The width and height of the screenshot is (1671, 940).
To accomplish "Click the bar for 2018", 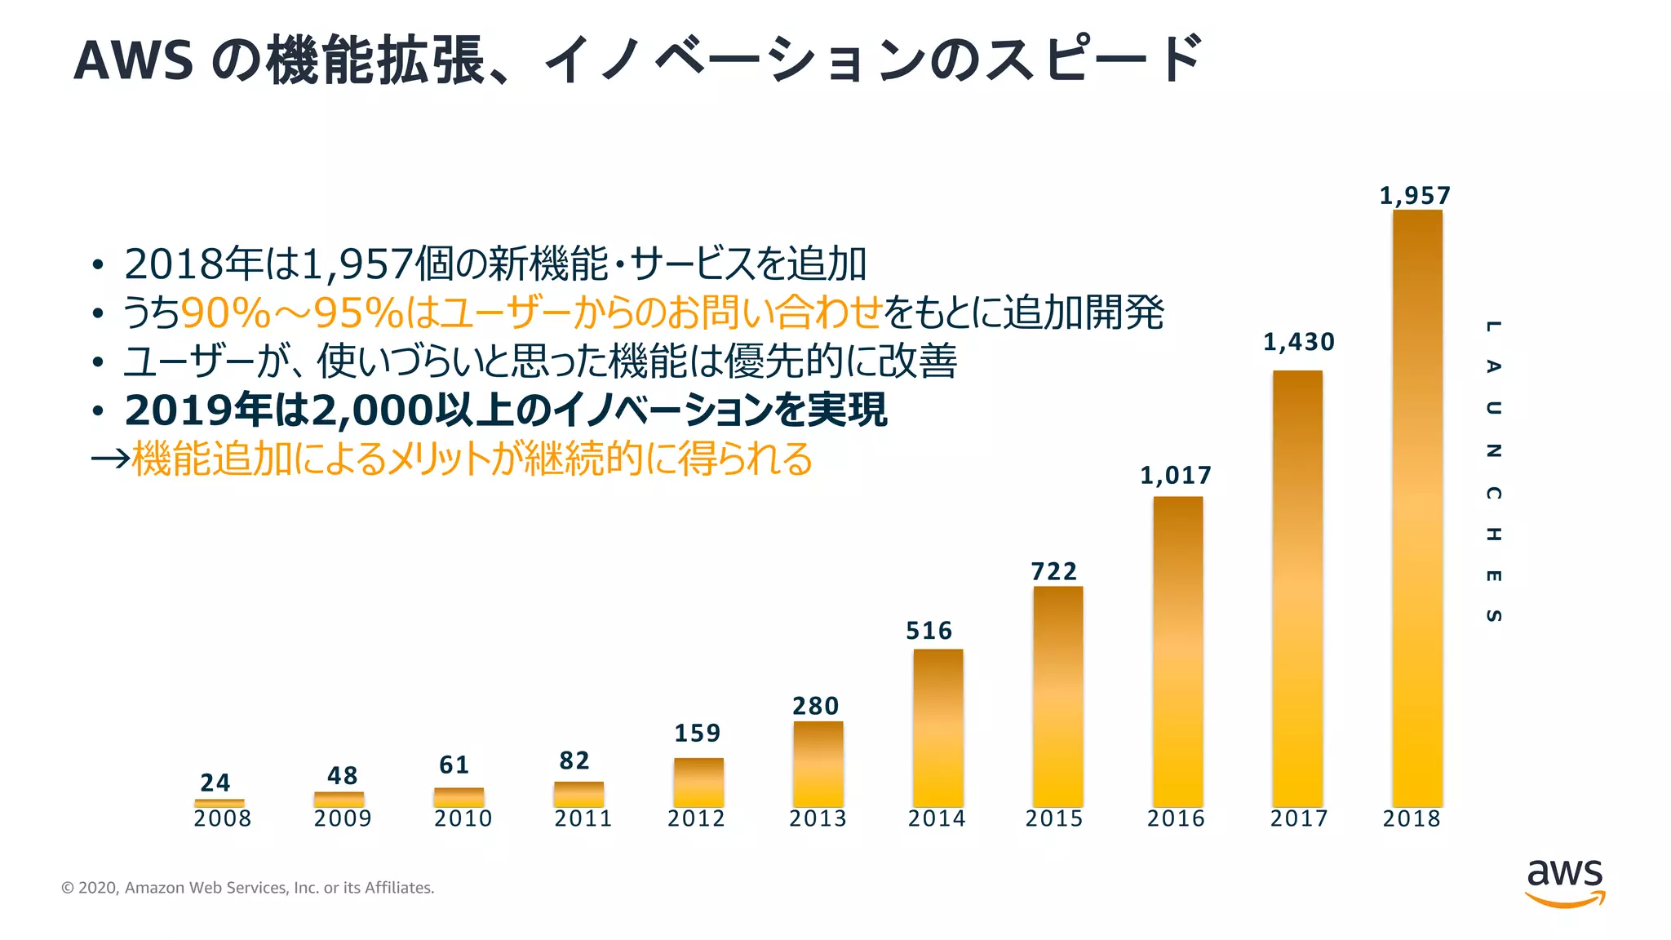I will [1417, 508].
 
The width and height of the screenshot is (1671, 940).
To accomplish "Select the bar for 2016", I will [1177, 651].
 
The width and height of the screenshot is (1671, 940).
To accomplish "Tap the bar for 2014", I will [937, 728].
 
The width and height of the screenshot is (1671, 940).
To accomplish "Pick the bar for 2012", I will [698, 782].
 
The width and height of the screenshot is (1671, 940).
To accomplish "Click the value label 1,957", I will [1415, 196].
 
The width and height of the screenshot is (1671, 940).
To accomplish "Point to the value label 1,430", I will [1298, 342].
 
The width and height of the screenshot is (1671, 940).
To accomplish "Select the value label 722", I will [1053, 571].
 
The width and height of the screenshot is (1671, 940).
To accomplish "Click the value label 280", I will [815, 706].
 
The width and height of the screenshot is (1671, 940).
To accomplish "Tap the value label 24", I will [215, 783].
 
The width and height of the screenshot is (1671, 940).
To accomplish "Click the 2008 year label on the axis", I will [222, 818].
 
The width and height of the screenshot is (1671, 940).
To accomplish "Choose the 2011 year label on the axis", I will [583, 818].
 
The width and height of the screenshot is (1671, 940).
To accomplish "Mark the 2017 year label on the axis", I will [1298, 818].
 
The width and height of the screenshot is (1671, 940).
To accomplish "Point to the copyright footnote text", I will [247, 888].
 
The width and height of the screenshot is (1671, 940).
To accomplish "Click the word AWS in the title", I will [133, 60].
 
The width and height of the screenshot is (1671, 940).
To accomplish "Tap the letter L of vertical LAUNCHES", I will [1492, 326].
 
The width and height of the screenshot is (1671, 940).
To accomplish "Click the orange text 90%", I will [224, 313].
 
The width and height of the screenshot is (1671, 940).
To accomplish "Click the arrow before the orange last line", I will [110, 459].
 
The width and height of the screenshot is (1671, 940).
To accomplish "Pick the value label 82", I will [574, 760].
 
